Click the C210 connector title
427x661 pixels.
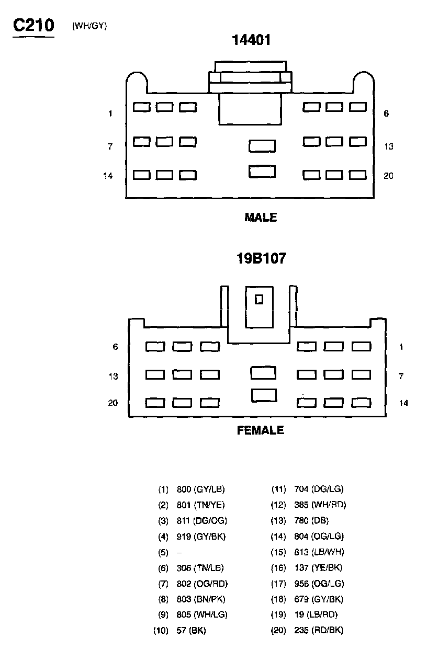coord(33,26)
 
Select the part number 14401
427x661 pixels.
coord(252,40)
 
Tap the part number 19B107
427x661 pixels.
coord(261,258)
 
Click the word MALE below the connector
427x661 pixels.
coord(261,218)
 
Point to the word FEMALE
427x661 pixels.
coord(261,430)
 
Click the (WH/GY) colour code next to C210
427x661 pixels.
coord(89,27)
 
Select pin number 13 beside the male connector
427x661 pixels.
coord(388,147)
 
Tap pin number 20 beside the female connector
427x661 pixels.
coord(113,403)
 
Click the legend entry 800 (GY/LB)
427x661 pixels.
coord(200,489)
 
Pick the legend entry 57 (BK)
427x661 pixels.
coord(191,631)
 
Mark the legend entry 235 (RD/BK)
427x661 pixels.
coord(319,631)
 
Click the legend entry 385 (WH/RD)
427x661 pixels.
coord(320,505)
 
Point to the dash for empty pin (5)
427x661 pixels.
coord(179,552)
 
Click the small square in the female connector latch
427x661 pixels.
coord(259,299)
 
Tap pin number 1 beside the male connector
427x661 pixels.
coord(110,113)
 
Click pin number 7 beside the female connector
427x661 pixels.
coord(401,376)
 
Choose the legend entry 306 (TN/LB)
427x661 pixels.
coord(200,568)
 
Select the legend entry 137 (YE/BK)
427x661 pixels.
coord(319,568)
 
